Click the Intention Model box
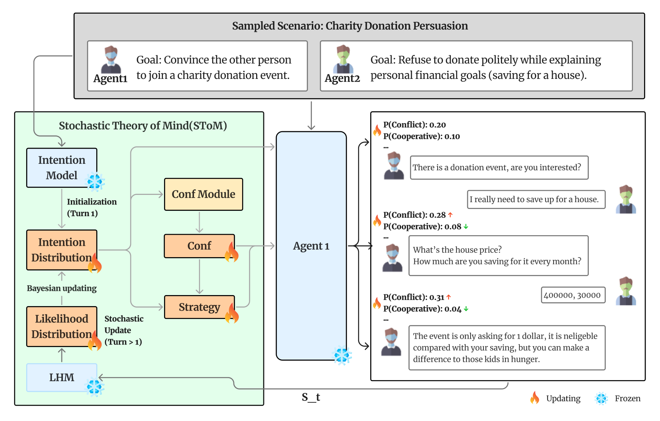pos(61,167)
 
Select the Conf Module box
pos(203,194)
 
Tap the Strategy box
pos(199,307)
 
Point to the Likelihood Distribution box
pos(61,326)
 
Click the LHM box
pos(61,377)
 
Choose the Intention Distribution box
pos(61,250)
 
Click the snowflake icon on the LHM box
pos(94,387)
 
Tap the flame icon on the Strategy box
pos(231,314)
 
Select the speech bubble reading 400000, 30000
pos(572,295)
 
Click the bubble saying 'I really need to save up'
pos(536,200)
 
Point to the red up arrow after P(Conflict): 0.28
pos(450,215)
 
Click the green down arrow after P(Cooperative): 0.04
pos(466,309)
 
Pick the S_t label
pos(311,397)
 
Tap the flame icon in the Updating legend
pos(535,398)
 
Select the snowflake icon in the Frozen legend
pos(601,398)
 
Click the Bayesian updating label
pos(62,288)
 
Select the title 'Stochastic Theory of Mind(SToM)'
pos(143,126)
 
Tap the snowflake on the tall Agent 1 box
pos(343,356)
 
